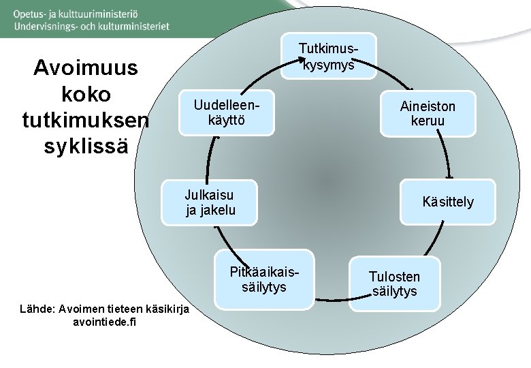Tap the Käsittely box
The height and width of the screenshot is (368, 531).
tap(447, 202)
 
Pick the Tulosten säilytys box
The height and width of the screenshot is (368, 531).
tap(394, 283)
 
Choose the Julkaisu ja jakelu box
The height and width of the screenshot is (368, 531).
tap(210, 202)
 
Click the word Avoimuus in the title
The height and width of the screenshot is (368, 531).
tap(86, 68)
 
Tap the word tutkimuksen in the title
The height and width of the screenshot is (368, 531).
tap(86, 121)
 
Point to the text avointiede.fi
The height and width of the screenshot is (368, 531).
tap(103, 322)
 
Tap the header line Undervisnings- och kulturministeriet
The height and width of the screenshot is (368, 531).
tap(91, 27)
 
